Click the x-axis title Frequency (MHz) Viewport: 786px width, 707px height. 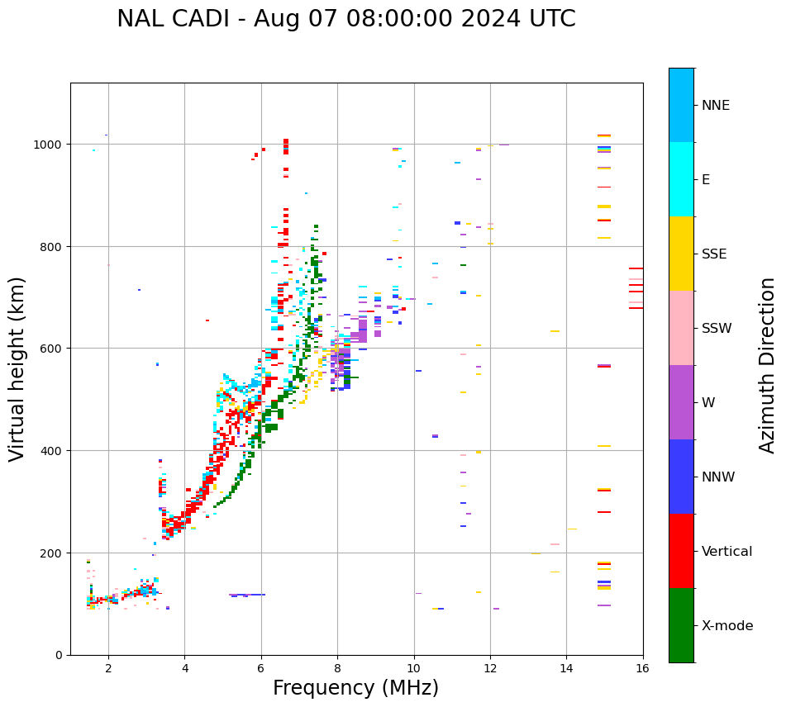click(x=355, y=688)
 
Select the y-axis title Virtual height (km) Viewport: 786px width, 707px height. click(x=17, y=369)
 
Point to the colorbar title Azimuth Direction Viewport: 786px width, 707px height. click(x=768, y=365)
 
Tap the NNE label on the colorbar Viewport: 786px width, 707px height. click(x=716, y=106)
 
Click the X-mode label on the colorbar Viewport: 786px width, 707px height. click(x=727, y=626)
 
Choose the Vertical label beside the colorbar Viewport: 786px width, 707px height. click(x=727, y=552)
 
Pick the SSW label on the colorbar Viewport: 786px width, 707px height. click(x=717, y=329)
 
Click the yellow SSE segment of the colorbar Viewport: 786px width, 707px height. click(x=681, y=254)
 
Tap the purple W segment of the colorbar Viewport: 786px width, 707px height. click(x=681, y=402)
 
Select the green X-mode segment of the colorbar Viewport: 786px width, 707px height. click(x=681, y=625)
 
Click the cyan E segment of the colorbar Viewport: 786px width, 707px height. click(x=681, y=179)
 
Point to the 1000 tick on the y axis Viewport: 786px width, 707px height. click(x=49, y=145)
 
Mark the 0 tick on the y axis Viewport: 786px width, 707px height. click(x=59, y=655)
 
